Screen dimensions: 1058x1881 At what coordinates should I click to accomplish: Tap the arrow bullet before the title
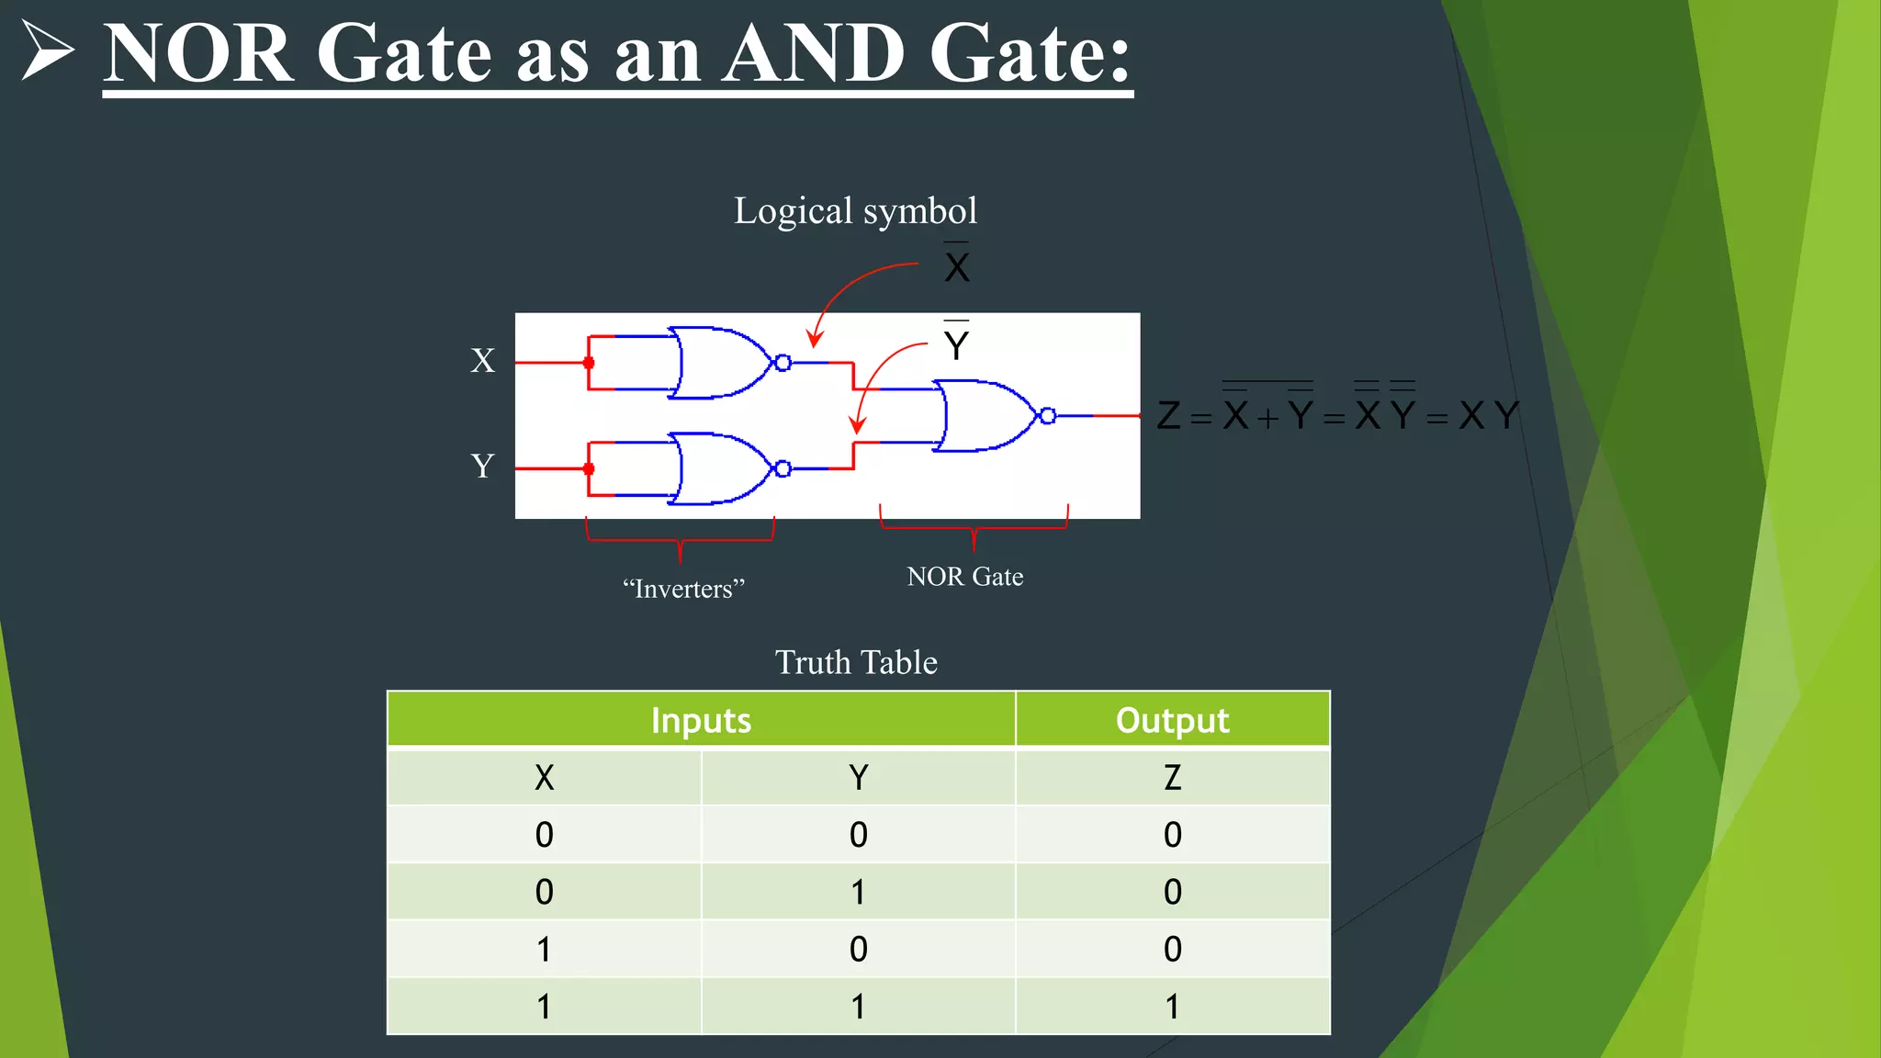[x=46, y=51]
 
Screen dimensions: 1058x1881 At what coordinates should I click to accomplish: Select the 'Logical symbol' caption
[x=855, y=211]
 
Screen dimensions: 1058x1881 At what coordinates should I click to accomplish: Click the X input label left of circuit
[x=482, y=360]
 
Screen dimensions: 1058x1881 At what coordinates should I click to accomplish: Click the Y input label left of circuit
[x=482, y=466]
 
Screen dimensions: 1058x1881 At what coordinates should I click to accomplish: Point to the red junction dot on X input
[x=589, y=364]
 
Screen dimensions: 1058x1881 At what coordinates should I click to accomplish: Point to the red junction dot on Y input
[x=589, y=469]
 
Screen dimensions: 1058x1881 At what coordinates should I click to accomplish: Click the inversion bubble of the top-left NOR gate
[x=783, y=363]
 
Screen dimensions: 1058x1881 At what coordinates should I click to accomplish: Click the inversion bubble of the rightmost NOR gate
[x=1047, y=416]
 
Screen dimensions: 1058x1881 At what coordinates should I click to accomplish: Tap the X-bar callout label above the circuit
[x=957, y=266]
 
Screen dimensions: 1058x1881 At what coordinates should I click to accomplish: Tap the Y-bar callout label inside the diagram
[x=956, y=344]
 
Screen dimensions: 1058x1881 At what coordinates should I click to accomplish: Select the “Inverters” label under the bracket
[x=683, y=589]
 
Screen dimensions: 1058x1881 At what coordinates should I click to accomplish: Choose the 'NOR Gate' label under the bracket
[x=964, y=577]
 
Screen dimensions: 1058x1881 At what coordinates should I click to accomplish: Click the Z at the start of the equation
[x=1168, y=416]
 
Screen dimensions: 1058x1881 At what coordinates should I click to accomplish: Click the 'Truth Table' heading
[x=856, y=662]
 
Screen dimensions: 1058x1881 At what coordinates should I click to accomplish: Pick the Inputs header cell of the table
[x=701, y=720]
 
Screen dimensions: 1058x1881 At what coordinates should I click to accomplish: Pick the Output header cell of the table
[x=1172, y=720]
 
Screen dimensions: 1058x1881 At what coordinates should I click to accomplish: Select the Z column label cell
[x=1172, y=778]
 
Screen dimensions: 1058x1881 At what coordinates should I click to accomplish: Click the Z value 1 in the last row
[x=1172, y=1007]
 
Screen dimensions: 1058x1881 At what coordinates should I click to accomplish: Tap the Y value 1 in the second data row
[x=858, y=892]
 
